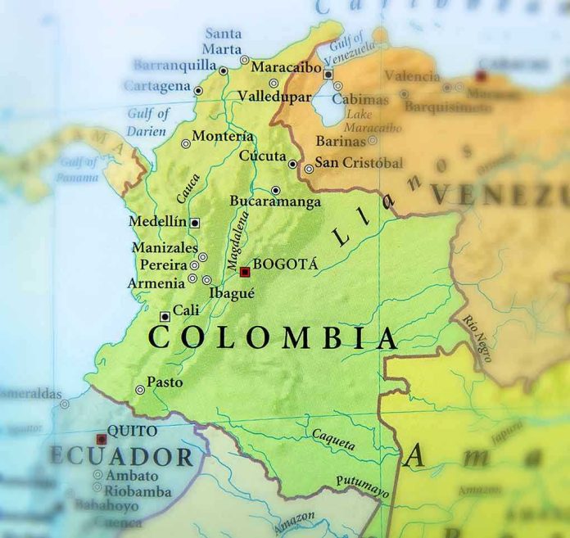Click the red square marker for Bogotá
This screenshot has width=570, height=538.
pos(244,272)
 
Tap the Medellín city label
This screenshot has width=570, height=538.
pos(158,222)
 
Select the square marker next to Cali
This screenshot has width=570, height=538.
pos(165,316)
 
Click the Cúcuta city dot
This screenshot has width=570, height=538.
pos(292,164)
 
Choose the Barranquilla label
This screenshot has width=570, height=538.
pos(174,64)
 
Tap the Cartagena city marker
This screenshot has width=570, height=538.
pos(198,90)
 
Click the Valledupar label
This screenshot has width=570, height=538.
pos(274,97)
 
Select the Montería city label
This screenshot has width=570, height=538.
pos(222,137)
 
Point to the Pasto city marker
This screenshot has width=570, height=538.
pos(140,390)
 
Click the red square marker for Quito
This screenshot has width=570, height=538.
pos(102,439)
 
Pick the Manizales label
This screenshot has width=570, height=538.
pos(165,247)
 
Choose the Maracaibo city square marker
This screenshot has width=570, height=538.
pos(328,74)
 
